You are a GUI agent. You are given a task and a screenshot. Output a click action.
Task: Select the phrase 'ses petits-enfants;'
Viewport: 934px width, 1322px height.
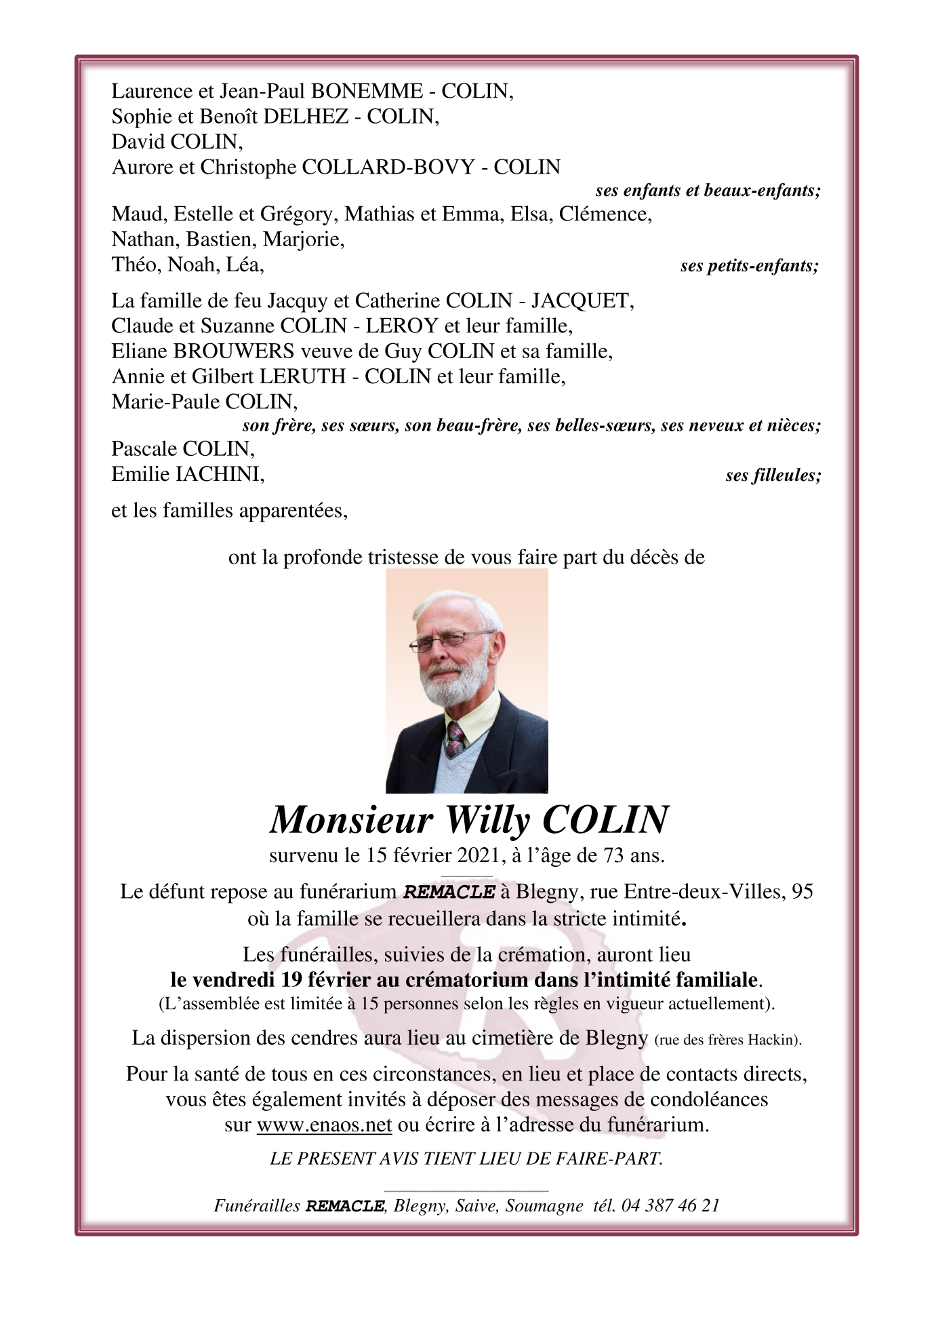tap(749, 266)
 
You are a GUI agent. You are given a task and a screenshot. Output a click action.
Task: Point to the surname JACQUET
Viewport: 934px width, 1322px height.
tap(582, 300)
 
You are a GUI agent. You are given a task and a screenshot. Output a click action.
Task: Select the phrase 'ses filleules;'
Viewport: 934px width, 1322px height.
tap(773, 475)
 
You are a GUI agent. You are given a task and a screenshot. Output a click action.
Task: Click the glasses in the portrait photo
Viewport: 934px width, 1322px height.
tap(448, 640)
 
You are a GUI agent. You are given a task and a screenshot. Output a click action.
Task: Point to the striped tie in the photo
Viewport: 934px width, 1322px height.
tap(454, 739)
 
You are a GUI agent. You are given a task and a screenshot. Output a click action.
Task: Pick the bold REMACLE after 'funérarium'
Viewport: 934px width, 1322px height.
tap(449, 892)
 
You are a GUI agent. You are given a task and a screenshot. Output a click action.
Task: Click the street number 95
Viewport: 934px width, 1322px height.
tap(802, 891)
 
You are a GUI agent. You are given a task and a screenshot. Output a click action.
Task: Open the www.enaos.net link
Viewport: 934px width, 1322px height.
tap(324, 1125)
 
